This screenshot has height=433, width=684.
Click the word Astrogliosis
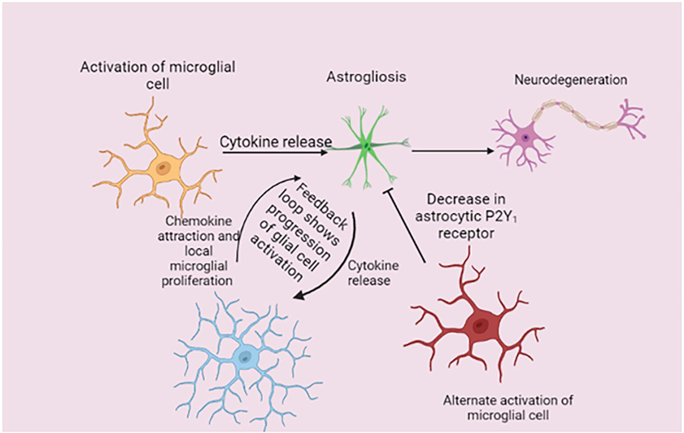(x=366, y=77)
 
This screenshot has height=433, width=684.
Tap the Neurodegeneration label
(x=570, y=80)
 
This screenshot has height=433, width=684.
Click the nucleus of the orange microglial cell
(x=163, y=168)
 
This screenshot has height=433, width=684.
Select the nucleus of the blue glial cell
(x=246, y=357)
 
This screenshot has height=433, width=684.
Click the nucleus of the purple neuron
(x=526, y=137)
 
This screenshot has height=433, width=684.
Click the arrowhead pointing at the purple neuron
(x=490, y=151)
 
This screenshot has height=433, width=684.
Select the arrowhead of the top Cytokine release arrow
(x=324, y=152)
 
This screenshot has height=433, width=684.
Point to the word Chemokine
(x=198, y=221)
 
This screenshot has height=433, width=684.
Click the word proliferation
(x=197, y=281)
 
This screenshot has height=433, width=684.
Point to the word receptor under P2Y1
(x=466, y=234)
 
